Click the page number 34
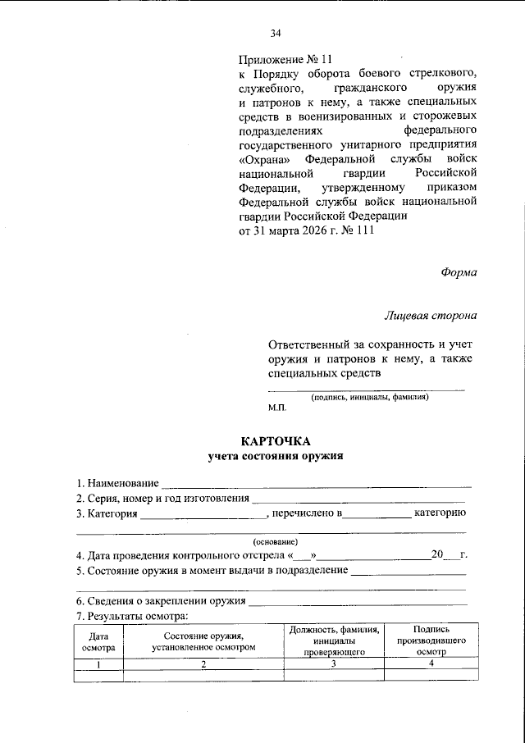[x=276, y=33]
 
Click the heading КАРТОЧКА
[x=276, y=441]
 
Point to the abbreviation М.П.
[x=276, y=407]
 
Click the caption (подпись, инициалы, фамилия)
[x=368, y=397]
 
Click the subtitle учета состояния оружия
[x=275, y=456]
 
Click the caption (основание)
[x=276, y=541]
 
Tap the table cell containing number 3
[x=334, y=663]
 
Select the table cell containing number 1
[x=98, y=663]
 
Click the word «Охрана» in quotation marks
[x=264, y=158]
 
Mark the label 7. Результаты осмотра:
[x=132, y=616]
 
